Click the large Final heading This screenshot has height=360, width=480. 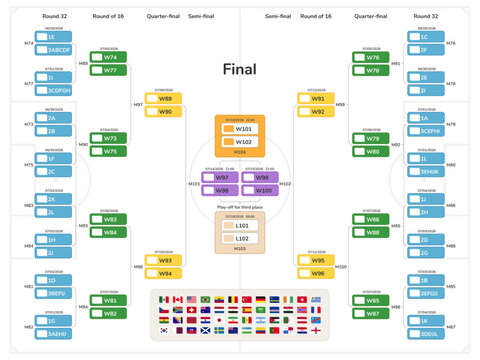pyautogui.click(x=239, y=70)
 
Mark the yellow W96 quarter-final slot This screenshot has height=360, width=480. pyautogui.click(x=316, y=272)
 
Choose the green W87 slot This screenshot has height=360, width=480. pyautogui.click(x=370, y=312)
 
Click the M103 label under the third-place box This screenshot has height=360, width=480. pyautogui.click(x=240, y=249)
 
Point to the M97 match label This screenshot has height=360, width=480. pyautogui.click(x=137, y=104)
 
